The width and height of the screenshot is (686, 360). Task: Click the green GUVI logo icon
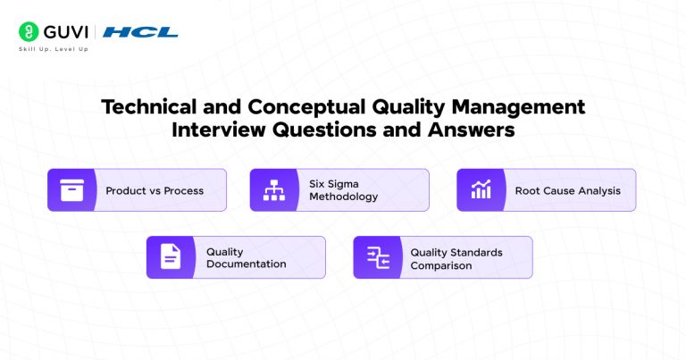pos(28,32)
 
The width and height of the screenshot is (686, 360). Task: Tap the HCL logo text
pos(140,32)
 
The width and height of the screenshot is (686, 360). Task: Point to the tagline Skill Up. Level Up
pos(54,49)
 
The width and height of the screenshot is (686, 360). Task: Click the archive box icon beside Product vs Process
pos(71,190)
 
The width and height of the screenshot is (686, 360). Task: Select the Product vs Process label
pos(155,190)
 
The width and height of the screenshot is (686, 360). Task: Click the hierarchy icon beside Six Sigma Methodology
pos(272,190)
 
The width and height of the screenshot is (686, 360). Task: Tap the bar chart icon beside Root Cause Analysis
pos(481,190)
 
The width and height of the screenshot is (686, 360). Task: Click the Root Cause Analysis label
pos(567,190)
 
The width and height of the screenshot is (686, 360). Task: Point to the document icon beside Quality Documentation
pos(170,257)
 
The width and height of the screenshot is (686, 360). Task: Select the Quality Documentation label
pos(246,258)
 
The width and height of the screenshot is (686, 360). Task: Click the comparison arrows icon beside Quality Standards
pos(377,257)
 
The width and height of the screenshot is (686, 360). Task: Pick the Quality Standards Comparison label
pos(456,258)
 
